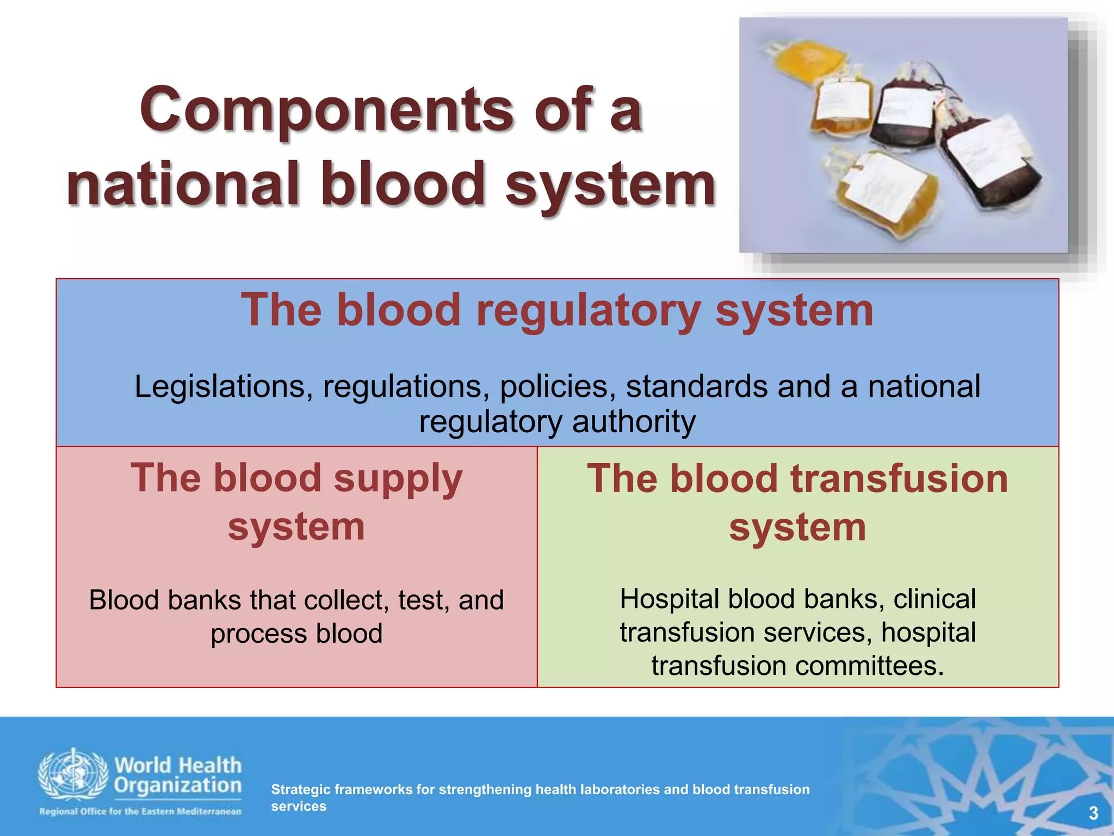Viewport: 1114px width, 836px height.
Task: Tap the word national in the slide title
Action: [183, 185]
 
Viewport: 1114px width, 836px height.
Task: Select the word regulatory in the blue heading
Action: [588, 311]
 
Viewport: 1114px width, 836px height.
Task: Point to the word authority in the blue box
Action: [634, 422]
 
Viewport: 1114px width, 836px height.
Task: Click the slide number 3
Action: [1093, 813]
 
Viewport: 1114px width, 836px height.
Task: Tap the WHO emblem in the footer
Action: [72, 774]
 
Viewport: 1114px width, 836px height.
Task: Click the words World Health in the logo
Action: [178, 765]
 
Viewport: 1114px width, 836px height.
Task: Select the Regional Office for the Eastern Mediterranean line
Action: [140, 812]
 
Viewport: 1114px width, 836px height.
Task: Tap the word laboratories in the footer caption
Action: [620, 789]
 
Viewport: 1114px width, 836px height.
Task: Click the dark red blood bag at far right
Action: [993, 163]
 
